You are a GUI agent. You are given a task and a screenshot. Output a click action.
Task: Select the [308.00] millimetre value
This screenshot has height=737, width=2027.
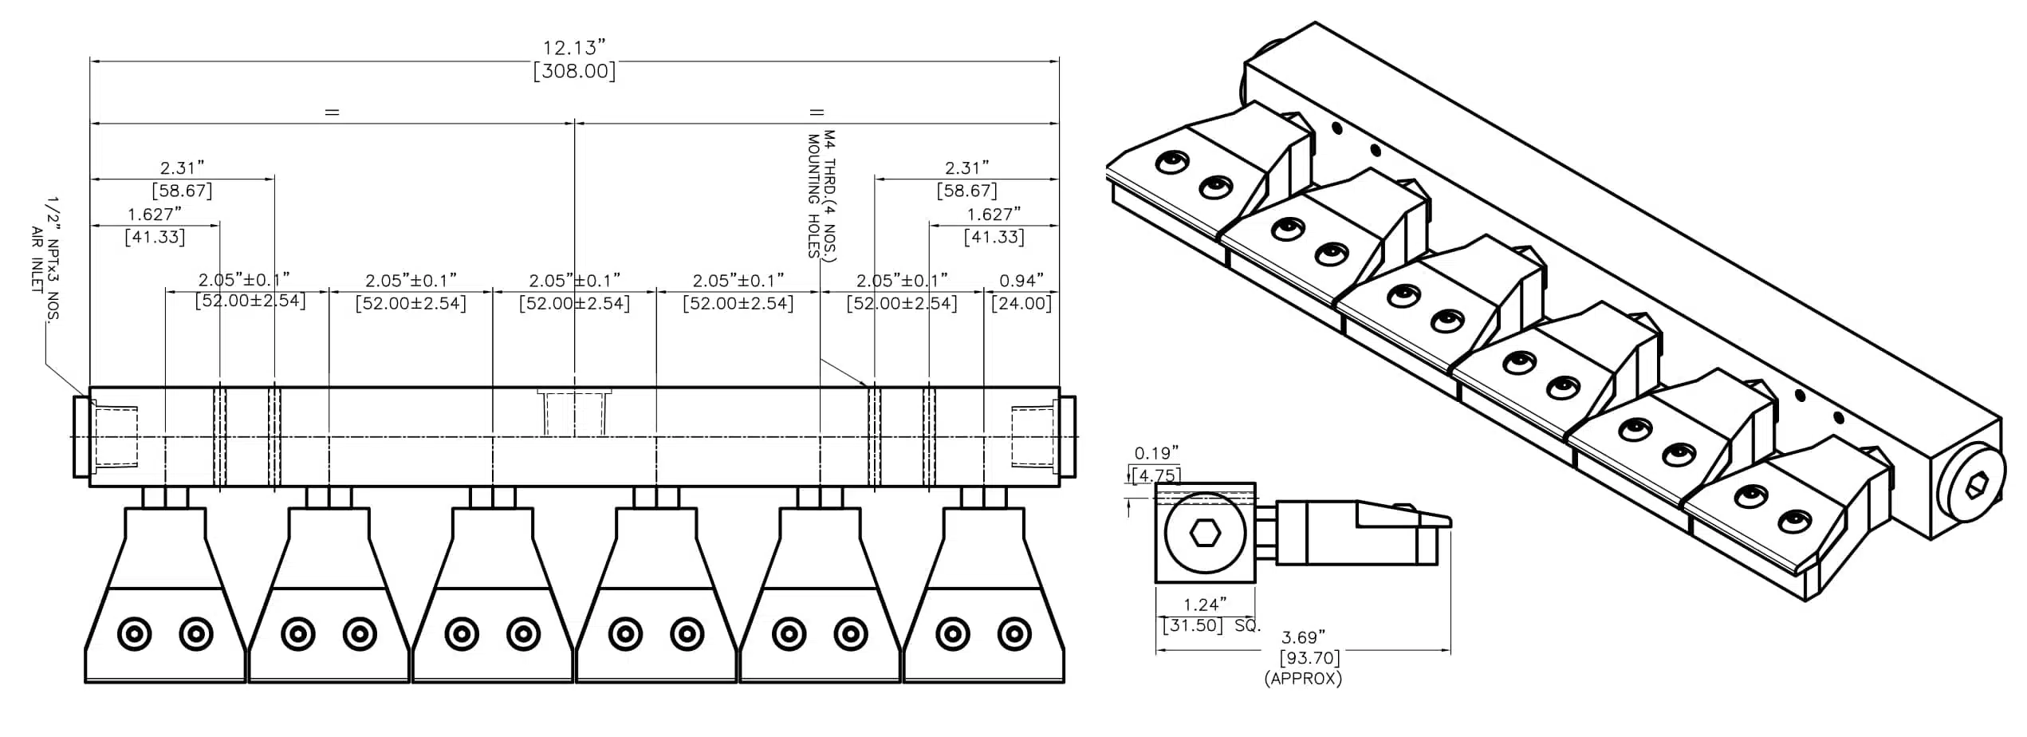[x=574, y=72]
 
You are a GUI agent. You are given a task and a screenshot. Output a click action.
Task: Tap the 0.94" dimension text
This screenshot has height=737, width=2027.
[x=1021, y=281]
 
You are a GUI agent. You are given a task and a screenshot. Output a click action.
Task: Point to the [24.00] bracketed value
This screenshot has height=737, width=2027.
[x=1021, y=304]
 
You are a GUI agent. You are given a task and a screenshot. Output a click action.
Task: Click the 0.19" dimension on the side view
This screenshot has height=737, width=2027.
[x=1156, y=454]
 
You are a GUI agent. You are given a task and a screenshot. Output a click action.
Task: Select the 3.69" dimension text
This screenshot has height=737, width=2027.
[x=1303, y=637]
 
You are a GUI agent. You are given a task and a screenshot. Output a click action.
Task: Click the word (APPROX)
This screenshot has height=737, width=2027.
[x=1303, y=679]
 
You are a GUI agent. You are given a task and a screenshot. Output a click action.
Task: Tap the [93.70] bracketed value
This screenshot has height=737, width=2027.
[x=1309, y=658]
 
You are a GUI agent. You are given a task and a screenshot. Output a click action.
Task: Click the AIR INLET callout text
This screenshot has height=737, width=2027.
[x=37, y=259]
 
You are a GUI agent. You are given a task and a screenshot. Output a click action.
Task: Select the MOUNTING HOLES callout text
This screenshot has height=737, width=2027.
[x=813, y=196]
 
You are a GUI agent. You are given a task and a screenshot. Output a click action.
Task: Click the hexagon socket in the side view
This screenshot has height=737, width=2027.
[x=1204, y=533]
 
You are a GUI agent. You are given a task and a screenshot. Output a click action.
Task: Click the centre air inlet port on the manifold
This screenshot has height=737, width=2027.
[x=574, y=412]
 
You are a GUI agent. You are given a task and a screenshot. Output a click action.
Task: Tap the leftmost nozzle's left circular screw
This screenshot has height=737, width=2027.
[x=134, y=635]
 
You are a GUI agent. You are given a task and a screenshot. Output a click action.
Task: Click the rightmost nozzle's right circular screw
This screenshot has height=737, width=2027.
[x=1014, y=635]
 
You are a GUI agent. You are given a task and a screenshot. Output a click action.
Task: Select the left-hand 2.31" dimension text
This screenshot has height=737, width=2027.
[x=182, y=168]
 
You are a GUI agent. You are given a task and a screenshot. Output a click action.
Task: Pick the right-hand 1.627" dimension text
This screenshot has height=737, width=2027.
[x=994, y=215]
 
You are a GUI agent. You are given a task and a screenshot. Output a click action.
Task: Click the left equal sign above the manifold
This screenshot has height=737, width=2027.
[x=332, y=112]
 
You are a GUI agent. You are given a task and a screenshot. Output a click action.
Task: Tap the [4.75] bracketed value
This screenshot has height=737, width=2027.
[x=1156, y=475]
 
